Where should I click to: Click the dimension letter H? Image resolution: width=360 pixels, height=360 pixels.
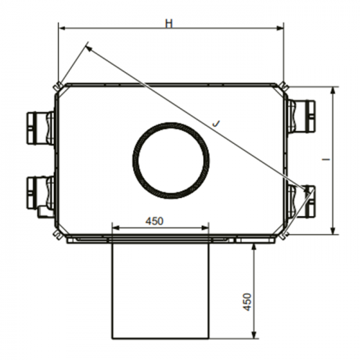coord(169,23)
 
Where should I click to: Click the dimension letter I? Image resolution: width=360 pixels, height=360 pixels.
coord(326,159)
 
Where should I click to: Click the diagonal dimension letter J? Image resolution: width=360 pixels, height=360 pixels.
coord(216,123)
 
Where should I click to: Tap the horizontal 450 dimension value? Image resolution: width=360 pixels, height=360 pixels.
coord(154,221)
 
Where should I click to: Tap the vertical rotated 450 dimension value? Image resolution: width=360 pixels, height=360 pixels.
coord(247,302)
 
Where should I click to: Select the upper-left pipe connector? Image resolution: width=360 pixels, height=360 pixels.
coord(40,128)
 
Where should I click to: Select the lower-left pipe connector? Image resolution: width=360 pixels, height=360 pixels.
coord(40,194)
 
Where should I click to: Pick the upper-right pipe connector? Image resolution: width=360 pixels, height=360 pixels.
coord(301,117)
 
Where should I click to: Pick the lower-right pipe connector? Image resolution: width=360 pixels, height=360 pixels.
coord(301,201)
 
